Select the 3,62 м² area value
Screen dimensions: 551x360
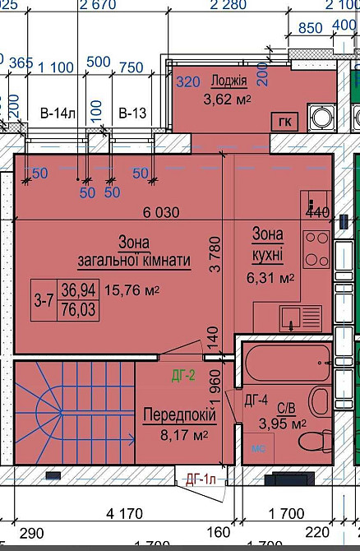pos(227,100)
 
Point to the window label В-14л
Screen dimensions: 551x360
pos(54,113)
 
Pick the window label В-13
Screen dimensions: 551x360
pos(131,113)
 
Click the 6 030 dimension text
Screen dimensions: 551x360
pos(161,211)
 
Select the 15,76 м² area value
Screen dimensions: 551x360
pos(132,290)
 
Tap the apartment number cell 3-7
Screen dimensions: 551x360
pos(44,300)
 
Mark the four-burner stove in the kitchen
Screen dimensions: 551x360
pos(316,249)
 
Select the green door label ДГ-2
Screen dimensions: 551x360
pos(182,377)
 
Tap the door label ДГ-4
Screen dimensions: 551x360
pos(257,401)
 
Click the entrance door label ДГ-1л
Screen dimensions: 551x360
pos(201,479)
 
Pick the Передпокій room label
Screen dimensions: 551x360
pos(174,414)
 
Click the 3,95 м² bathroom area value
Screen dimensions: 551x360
pos(282,424)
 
